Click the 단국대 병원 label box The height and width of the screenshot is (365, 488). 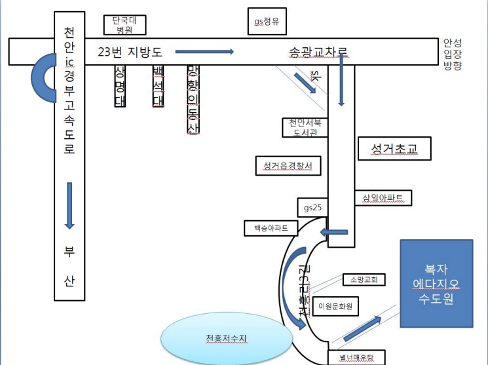(124, 24)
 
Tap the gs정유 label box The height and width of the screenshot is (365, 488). (267, 21)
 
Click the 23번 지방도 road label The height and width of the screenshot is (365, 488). (130, 51)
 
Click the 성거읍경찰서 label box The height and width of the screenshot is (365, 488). (288, 166)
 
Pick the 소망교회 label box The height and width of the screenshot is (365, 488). (364, 279)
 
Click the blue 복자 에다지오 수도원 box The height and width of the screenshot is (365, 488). (436, 283)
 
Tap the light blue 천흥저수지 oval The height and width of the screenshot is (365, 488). (227, 338)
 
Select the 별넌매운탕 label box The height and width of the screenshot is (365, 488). (357, 358)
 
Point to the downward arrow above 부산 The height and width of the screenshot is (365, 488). (69, 205)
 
